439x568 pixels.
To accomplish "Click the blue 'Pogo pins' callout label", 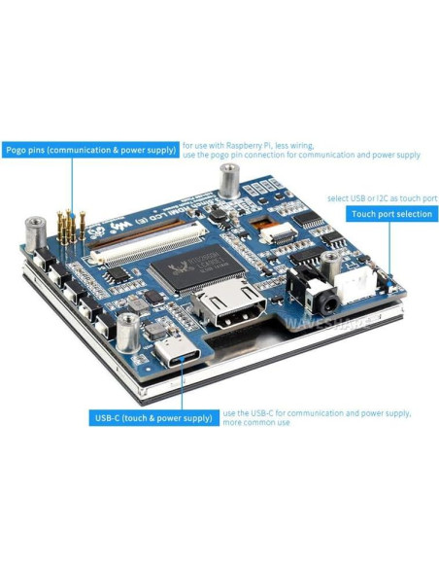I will click(91, 150).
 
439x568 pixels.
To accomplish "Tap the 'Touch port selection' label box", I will click(390, 214).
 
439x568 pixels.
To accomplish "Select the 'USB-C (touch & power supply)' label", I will click(153, 417).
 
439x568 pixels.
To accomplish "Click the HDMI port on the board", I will click(226, 309).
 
